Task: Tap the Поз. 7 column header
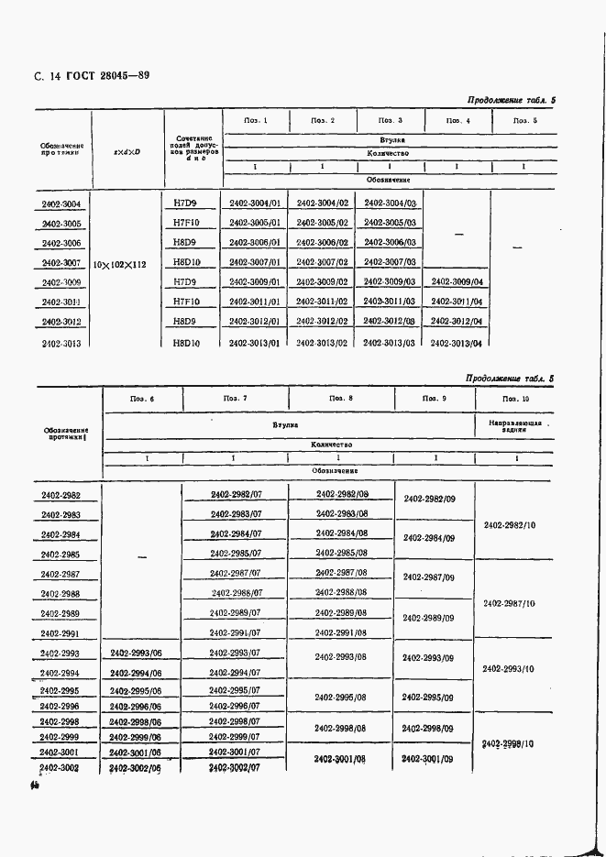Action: (235, 398)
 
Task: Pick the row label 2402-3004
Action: (61, 203)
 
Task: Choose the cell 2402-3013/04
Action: (456, 343)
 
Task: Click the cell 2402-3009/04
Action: (456, 282)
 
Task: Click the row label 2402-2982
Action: (61, 496)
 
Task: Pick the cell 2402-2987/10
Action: (509, 604)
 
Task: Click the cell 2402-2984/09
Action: (429, 538)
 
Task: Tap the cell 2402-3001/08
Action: (340, 759)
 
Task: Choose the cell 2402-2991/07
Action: (236, 633)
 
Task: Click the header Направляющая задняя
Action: (509, 426)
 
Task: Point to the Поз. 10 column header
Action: (510, 398)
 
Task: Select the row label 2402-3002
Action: (61, 768)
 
